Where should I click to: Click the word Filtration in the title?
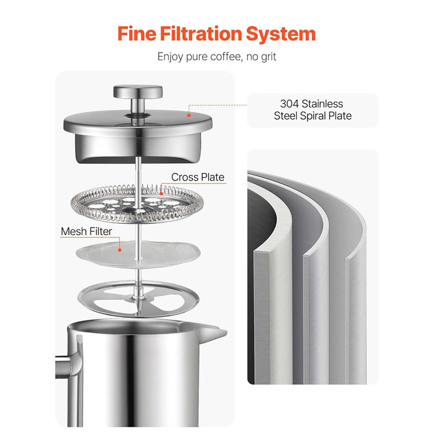tap(201, 33)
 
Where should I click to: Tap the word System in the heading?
tap(281, 34)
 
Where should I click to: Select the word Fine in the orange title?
tap(137, 33)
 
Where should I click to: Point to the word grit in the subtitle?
tap(268, 57)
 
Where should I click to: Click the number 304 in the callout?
tap(290, 104)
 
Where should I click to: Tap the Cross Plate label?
tap(198, 177)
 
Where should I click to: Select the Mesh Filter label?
tap(86, 231)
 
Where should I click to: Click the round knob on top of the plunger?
tap(138, 92)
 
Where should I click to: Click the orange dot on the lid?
tap(189, 115)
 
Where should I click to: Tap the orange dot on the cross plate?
tap(161, 193)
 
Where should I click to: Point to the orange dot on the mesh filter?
tap(120, 250)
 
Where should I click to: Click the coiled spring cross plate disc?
tap(138, 204)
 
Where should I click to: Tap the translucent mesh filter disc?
tap(138, 254)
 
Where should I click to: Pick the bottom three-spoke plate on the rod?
tap(138, 298)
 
